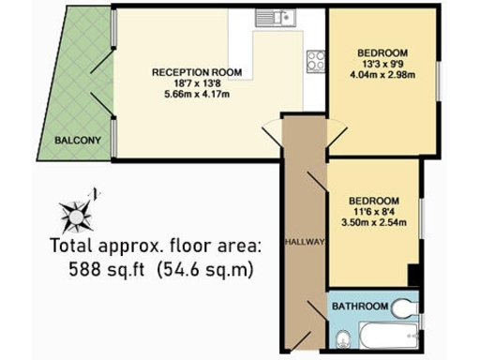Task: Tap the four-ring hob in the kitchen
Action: (x=315, y=61)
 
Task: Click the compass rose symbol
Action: (x=78, y=211)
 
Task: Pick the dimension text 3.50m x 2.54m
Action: (x=374, y=225)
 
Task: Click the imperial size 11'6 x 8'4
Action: (x=374, y=213)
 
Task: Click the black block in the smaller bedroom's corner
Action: (x=413, y=274)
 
